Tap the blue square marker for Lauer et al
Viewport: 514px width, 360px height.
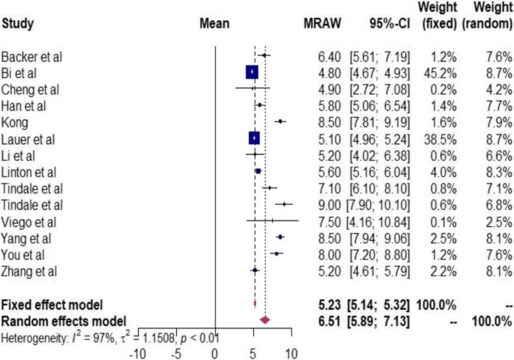point(254,138)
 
